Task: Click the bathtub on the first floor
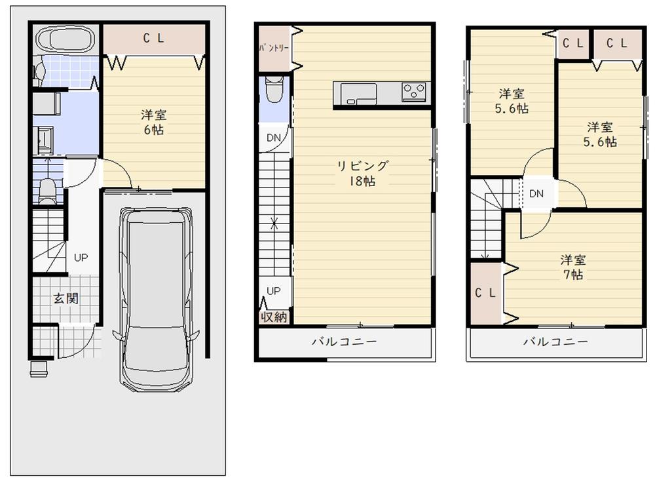click(x=67, y=40)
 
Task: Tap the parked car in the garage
click(x=155, y=300)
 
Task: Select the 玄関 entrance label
click(x=65, y=298)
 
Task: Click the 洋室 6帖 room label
click(x=154, y=122)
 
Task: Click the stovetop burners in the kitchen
click(x=414, y=92)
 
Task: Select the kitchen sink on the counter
click(x=358, y=94)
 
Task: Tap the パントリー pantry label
click(x=274, y=48)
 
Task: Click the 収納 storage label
click(x=274, y=317)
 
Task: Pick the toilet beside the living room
click(x=274, y=90)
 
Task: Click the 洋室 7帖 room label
click(x=573, y=267)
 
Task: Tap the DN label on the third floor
click(x=536, y=193)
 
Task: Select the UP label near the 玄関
click(x=81, y=258)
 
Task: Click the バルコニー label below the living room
click(x=345, y=342)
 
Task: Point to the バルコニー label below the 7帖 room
click(x=555, y=342)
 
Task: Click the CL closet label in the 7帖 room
click(x=485, y=293)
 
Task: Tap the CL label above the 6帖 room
click(x=154, y=39)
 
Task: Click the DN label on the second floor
click(x=274, y=138)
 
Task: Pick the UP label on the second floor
click(x=274, y=291)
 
